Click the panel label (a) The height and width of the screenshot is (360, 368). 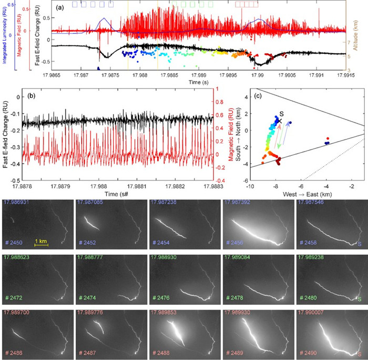60,8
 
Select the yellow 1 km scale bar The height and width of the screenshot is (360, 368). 42,244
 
